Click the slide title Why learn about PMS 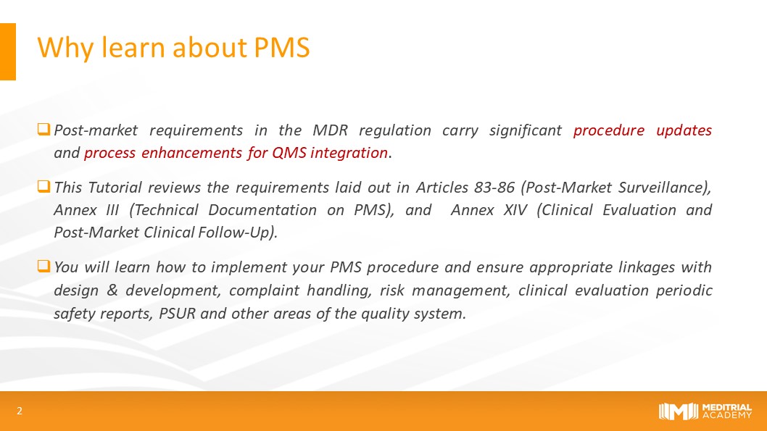tap(174, 48)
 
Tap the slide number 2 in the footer tap(20, 411)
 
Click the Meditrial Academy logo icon tap(678, 411)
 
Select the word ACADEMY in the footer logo tap(727, 415)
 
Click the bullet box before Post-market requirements tap(43, 129)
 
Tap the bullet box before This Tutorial tap(43, 186)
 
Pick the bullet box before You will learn tap(43, 266)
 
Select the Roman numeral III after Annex tap(112, 210)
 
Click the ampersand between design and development tap(112, 290)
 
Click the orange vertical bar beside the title tap(8, 52)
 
